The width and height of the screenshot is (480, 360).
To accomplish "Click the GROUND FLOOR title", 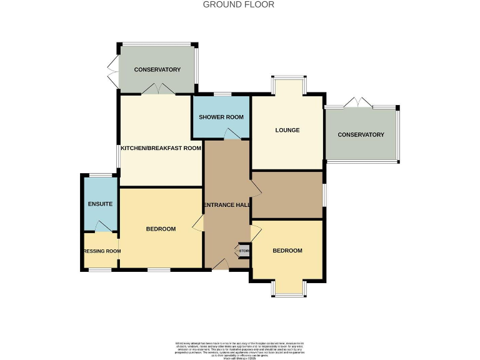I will (x=239, y=4).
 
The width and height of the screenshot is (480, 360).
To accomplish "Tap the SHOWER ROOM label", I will (x=221, y=117).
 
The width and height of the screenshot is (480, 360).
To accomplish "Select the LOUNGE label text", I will (x=287, y=131).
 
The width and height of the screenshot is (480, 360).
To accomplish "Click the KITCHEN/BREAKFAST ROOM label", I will (x=161, y=148).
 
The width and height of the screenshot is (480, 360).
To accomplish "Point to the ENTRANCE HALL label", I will (x=226, y=205).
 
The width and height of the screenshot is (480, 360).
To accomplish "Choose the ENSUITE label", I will (x=100, y=204).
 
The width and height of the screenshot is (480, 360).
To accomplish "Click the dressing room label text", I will (x=102, y=251).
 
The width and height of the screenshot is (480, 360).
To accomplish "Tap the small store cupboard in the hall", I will (x=244, y=251).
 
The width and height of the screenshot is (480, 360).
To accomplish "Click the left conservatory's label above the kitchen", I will (x=157, y=69).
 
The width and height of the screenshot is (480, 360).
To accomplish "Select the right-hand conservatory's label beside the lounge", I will (x=361, y=134).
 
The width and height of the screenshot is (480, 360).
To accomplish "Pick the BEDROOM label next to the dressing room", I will (x=161, y=229).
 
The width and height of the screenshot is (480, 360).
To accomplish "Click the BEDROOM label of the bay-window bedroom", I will (x=287, y=251).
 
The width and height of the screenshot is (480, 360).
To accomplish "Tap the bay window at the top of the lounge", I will (x=288, y=84).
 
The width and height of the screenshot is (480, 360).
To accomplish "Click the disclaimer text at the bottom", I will (x=239, y=349).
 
